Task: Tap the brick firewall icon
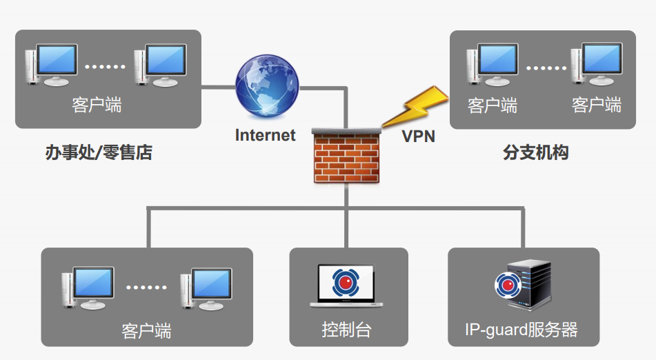coord(347,155)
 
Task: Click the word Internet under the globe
coord(265,135)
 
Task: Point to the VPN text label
coord(419,136)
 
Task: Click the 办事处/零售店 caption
coord(99,153)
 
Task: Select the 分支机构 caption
coord(536,152)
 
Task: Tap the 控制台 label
coord(346,330)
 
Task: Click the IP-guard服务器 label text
coord(522,330)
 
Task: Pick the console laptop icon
coord(346,285)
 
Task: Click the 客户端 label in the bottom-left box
coord(146,330)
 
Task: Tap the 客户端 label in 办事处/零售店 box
coord(97,105)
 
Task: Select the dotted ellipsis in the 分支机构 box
coord(546,68)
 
